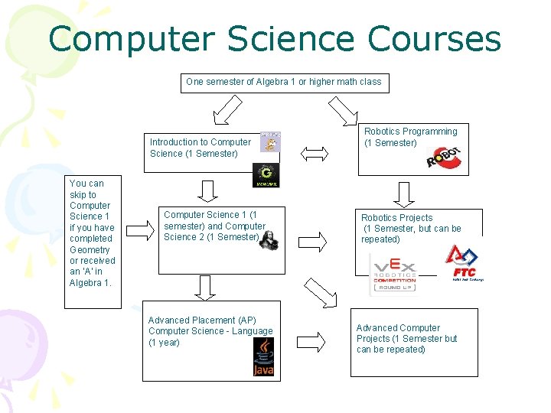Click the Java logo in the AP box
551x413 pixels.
263,357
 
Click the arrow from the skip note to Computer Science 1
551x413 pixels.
139,229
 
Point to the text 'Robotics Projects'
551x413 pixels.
396,218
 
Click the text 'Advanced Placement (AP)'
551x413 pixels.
202,320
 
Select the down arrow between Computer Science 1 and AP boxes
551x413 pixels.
204,286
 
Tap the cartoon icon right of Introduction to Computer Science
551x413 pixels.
270,142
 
